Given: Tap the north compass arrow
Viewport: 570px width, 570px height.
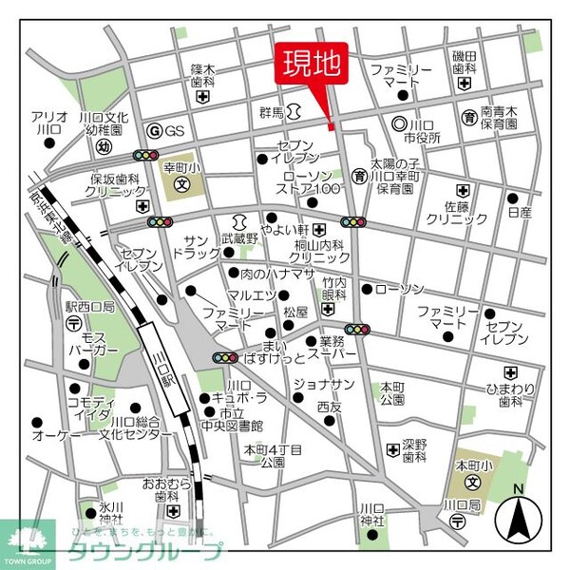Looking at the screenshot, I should (519, 519).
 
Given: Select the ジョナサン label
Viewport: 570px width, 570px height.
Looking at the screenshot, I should (324, 384).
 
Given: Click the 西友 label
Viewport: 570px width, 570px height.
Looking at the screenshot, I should (329, 407).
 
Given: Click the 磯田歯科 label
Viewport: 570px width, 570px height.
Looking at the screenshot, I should (464, 63).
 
